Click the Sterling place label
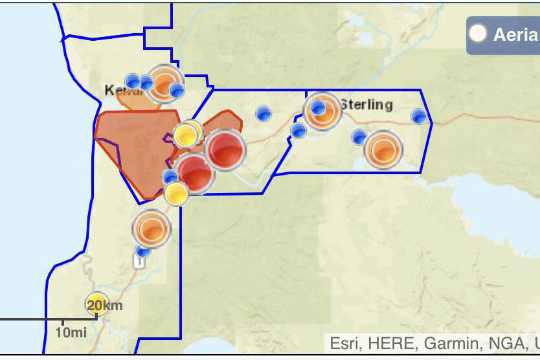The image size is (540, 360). coord(367,104)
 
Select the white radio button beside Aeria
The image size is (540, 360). coord(478,34)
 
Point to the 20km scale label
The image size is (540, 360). coord(105,305)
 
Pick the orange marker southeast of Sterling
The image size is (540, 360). coord(383,150)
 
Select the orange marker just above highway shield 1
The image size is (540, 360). coord(151,229)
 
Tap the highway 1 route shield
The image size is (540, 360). coord(139,261)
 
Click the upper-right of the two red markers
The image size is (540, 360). coord(225,150)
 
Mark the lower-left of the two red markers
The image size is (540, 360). coord(195,173)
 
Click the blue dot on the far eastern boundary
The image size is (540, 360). coord(419,117)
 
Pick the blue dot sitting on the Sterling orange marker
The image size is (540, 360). coord(318,107)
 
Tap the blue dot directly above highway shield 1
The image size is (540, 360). coord(142,250)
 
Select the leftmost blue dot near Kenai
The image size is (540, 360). coord(133,81)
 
